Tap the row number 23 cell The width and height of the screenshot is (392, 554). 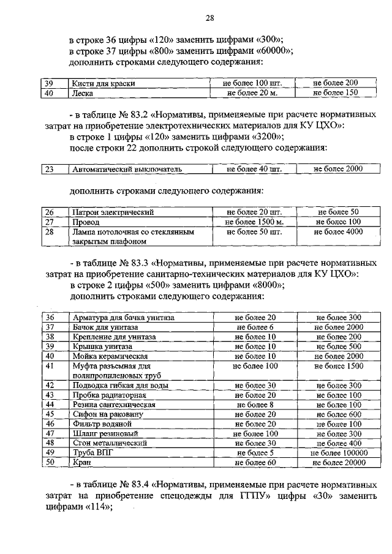pyautogui.click(x=50, y=169)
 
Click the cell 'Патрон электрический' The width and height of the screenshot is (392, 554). pyautogui.click(x=112, y=212)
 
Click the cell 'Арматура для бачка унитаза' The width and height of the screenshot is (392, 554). pyautogui.click(x=123, y=317)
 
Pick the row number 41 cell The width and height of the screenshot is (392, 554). pyautogui.click(x=50, y=365)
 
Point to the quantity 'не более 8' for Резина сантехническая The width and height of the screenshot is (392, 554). pyautogui.click(x=254, y=404)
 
